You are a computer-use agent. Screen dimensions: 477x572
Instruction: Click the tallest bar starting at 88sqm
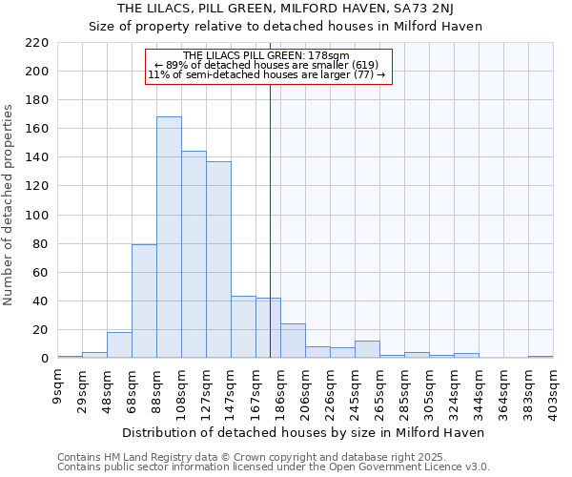pos(169,238)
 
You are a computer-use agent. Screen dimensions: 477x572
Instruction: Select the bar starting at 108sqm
pos(194,255)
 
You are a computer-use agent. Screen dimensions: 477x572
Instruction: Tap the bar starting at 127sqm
pos(218,259)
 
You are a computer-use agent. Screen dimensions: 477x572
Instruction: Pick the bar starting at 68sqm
pos(144,301)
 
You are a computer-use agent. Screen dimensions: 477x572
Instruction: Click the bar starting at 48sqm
pos(119,345)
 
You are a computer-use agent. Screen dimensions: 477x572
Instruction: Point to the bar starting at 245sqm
pos(367,350)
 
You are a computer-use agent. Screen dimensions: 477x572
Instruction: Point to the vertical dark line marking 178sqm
pos(271,219)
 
